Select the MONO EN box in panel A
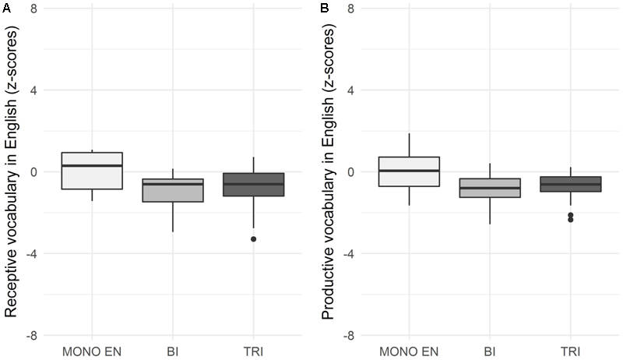[x=92, y=171]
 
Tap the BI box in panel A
[x=173, y=190]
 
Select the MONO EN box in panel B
[x=409, y=171]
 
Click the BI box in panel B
[x=490, y=187]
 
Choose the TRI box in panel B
[x=571, y=184]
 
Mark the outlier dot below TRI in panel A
[x=254, y=238]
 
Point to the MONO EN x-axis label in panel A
[x=92, y=351]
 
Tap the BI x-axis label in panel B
[x=490, y=351]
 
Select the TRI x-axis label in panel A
[x=254, y=351]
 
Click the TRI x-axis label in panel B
[x=571, y=351]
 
